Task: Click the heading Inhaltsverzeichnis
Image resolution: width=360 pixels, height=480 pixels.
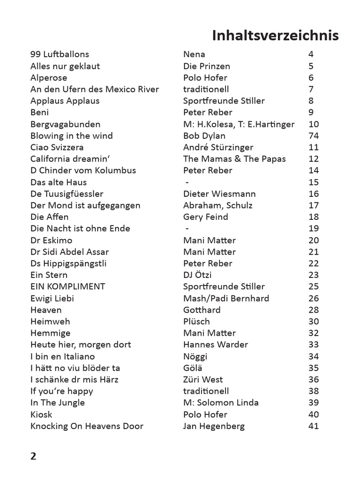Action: [275, 36]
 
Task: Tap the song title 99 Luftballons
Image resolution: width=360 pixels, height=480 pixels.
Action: [60, 54]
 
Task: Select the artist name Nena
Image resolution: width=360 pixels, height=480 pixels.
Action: [194, 54]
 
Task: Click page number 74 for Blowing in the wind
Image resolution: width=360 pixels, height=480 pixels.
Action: [314, 136]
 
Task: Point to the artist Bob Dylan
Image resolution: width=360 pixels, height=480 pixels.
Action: [204, 136]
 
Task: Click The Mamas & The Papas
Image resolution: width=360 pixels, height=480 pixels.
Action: [234, 159]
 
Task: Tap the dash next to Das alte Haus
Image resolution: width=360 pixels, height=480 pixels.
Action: [187, 182]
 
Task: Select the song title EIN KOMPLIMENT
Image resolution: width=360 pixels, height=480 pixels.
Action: [67, 286]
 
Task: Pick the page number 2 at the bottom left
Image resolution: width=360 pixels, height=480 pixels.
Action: [33, 457]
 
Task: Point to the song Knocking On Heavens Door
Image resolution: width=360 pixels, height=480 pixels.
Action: [87, 426]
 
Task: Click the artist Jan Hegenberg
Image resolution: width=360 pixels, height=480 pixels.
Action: [214, 426]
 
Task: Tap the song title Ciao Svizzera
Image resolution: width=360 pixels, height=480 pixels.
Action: [57, 147]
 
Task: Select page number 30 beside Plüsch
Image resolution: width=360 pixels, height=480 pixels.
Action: [314, 322]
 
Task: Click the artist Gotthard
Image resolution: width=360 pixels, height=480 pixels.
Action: [202, 310]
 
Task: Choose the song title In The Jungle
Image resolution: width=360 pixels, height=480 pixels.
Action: [58, 403]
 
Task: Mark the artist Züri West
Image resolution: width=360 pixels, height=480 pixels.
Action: [203, 380]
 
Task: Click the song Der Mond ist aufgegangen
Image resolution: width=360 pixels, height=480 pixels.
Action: [85, 205]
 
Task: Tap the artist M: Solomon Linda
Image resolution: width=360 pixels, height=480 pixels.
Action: [221, 403]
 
